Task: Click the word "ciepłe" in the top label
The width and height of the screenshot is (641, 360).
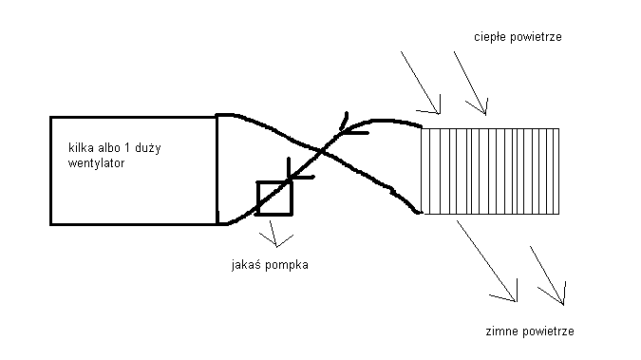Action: [485, 37]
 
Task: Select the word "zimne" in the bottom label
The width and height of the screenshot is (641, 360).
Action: [498, 331]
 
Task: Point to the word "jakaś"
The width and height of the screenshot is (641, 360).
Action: [244, 265]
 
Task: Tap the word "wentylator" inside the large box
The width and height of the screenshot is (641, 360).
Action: [97, 163]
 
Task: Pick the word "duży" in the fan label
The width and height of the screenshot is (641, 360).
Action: [148, 147]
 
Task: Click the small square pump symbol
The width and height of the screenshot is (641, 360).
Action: [274, 199]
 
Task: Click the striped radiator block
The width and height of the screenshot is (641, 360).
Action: [490, 171]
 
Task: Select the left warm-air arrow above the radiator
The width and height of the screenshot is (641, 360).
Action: [421, 83]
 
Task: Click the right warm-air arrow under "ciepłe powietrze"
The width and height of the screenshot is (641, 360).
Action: [470, 83]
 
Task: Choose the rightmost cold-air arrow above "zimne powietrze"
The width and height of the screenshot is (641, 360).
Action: [547, 275]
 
